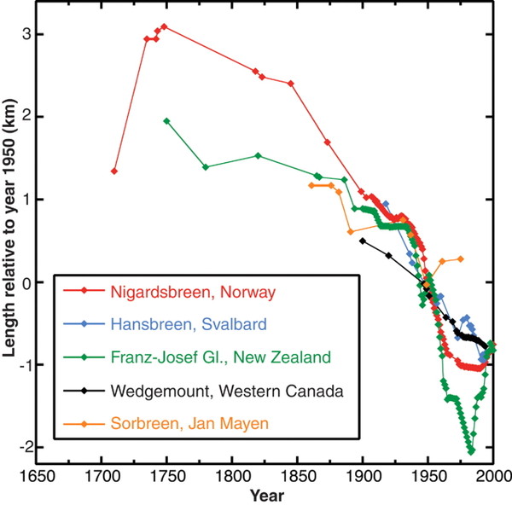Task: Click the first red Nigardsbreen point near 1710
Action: click(114, 171)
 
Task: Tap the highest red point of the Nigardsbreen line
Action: click(164, 26)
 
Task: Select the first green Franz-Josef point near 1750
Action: click(166, 121)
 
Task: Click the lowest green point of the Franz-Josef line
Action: click(471, 452)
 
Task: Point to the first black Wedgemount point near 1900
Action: click(363, 241)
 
